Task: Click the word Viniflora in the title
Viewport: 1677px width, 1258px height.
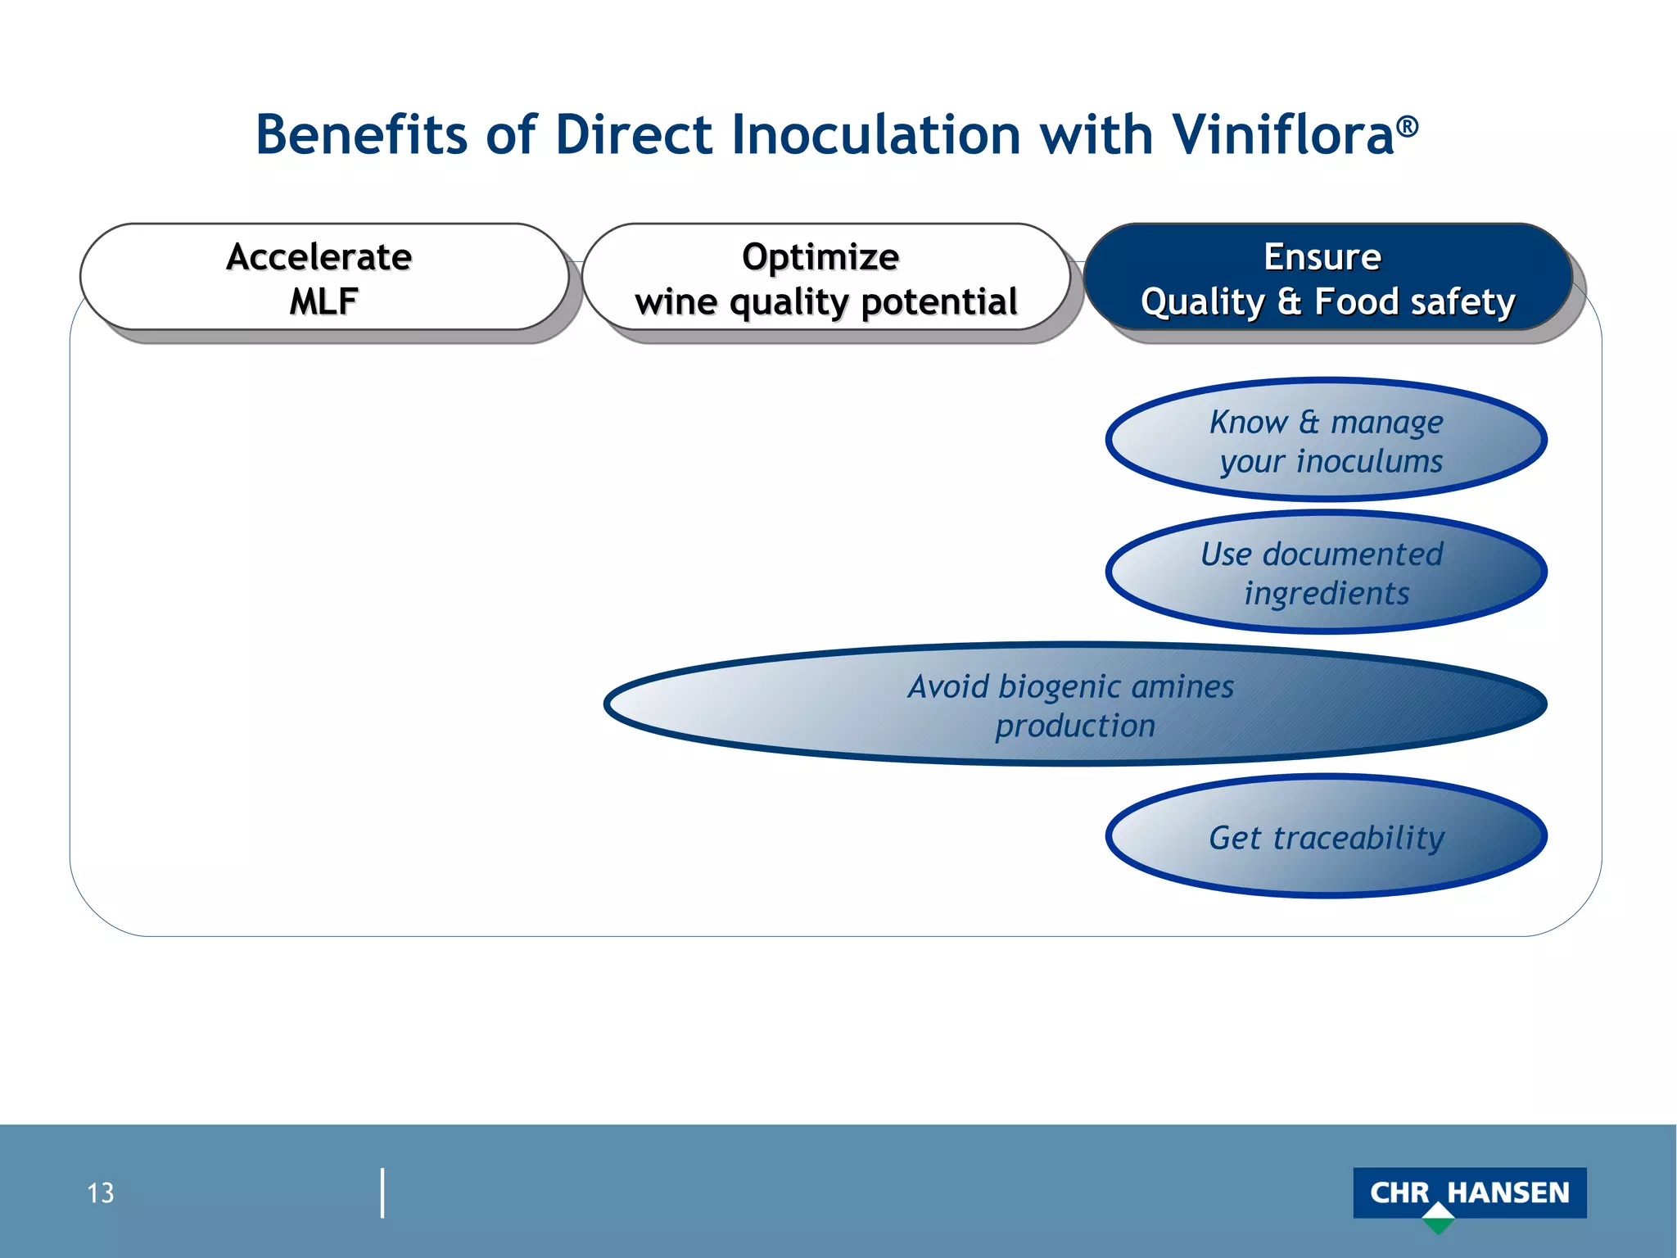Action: [x=1282, y=134]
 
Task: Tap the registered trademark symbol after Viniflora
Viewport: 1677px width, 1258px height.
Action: [x=1408, y=126]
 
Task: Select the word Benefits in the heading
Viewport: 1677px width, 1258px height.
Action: [x=361, y=134]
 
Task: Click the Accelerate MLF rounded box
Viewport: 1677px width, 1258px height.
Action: [x=323, y=278]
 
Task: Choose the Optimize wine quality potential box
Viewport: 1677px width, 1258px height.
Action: [x=825, y=278]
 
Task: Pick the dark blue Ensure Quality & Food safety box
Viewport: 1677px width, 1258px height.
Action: [x=1327, y=278]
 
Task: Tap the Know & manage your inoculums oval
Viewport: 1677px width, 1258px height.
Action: [x=1326, y=441]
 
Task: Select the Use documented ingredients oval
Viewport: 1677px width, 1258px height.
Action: [x=1326, y=572]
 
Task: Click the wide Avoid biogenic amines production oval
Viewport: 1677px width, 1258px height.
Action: [x=1074, y=705]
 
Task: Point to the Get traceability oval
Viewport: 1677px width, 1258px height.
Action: [x=1326, y=837]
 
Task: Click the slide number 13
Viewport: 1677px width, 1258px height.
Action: [x=101, y=1193]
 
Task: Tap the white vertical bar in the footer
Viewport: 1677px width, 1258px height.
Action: [x=382, y=1193]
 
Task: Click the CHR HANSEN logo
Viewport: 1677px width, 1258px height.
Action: [x=1469, y=1192]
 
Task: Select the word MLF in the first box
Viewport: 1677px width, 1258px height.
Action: [x=323, y=301]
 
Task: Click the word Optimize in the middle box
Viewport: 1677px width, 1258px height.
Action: [x=820, y=256]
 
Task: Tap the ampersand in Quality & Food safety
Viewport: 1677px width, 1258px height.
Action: [x=1289, y=301]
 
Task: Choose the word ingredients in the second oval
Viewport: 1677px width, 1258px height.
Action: [x=1327, y=593]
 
